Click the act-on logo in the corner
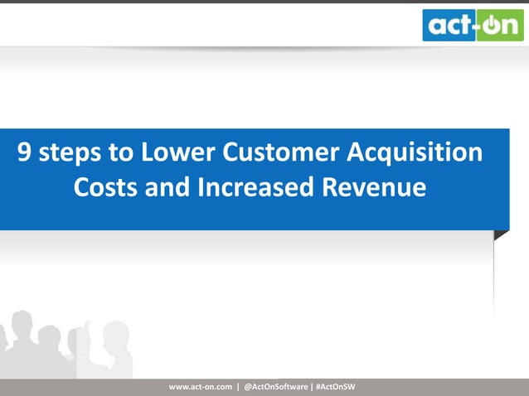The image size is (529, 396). coord(473,24)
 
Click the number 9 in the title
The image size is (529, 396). coord(27,153)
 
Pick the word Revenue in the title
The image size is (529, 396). coord(378,188)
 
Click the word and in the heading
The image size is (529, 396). coord(167,188)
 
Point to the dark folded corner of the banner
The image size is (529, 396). coord(502,235)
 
